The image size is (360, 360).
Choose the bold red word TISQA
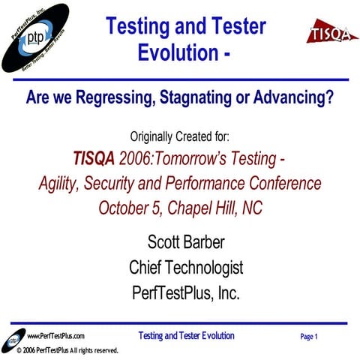[x=94, y=159]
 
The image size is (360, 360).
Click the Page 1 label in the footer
[x=309, y=337]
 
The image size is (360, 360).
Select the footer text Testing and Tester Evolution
[x=186, y=336]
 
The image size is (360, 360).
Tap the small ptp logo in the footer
[x=14, y=337]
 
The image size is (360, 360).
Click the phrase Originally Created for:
[x=180, y=137]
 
